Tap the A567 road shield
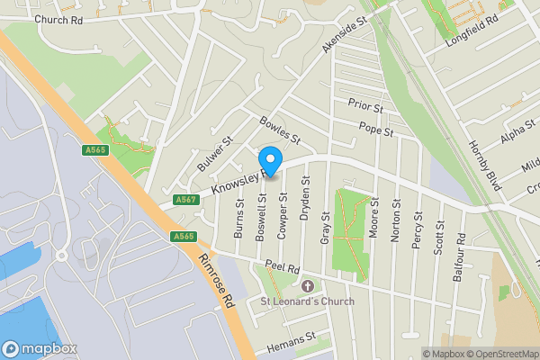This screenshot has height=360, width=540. pos(185,199)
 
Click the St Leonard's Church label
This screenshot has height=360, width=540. pos(307,301)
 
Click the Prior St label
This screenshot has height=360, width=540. pos(366,107)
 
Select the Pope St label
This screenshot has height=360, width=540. pos(376,131)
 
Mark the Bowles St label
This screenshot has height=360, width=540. pos(279,130)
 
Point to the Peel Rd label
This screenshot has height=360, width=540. pos(283,268)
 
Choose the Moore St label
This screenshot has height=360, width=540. pos(373,216)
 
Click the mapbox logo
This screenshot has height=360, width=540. pos(40,348)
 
